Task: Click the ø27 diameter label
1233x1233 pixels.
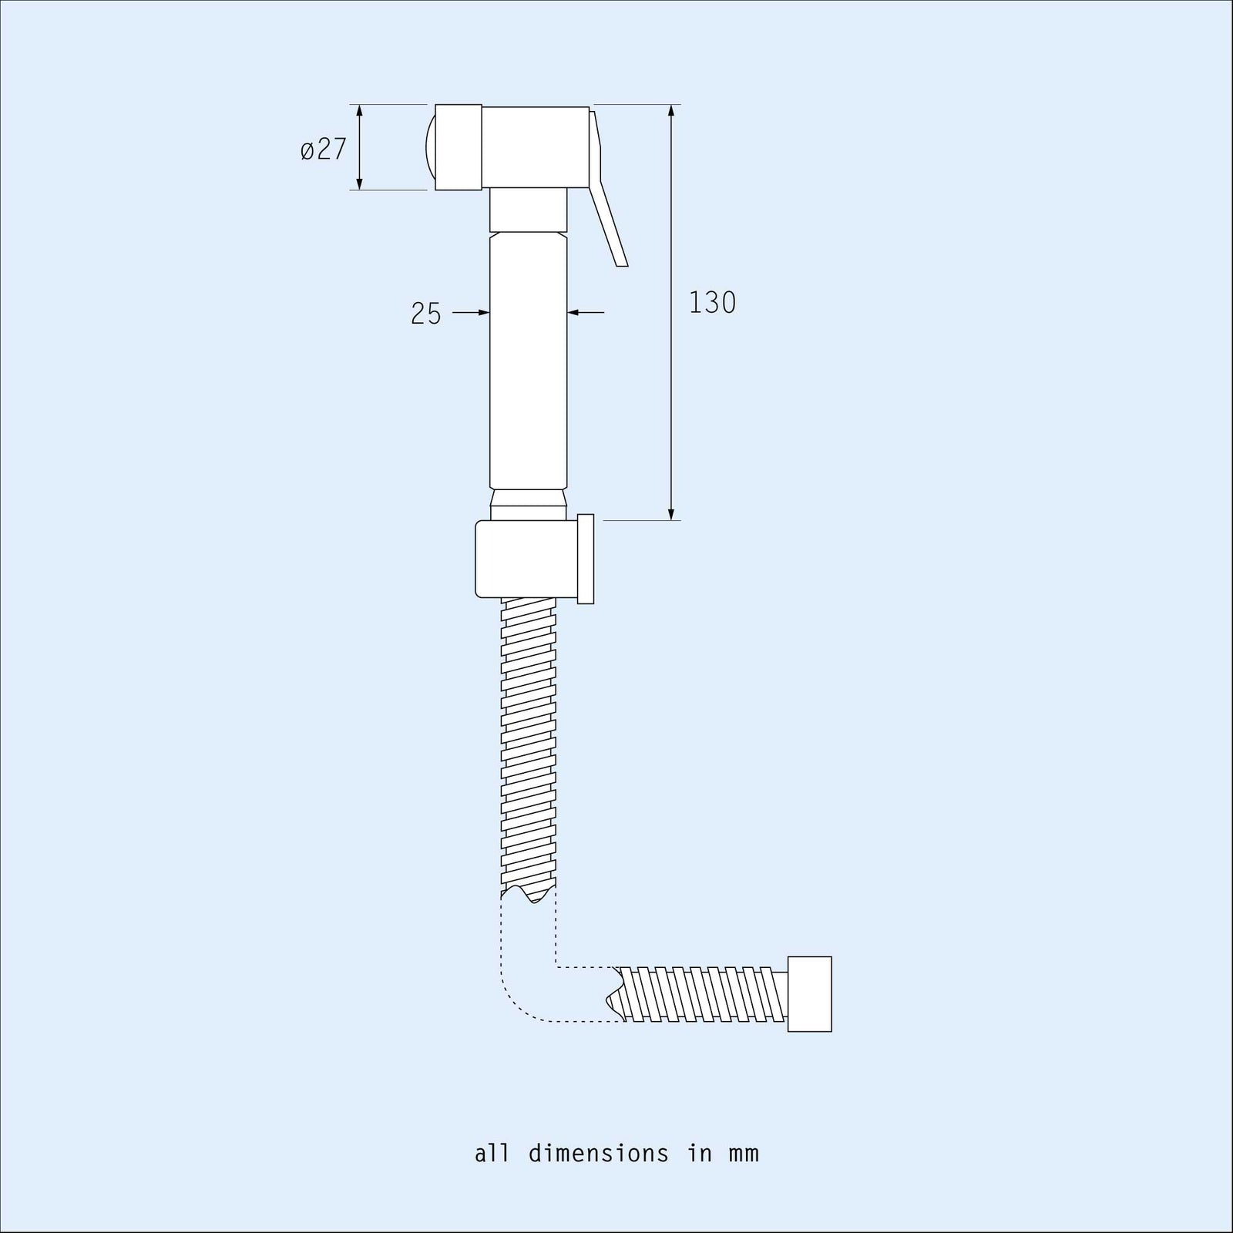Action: [x=324, y=149]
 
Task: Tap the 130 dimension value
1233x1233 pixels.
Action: [x=712, y=303]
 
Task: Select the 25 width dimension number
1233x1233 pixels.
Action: [x=426, y=314]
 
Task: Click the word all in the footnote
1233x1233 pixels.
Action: [x=492, y=1154]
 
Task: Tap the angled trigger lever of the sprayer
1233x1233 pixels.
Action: [x=608, y=190]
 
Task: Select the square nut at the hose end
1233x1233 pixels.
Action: [x=810, y=994]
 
